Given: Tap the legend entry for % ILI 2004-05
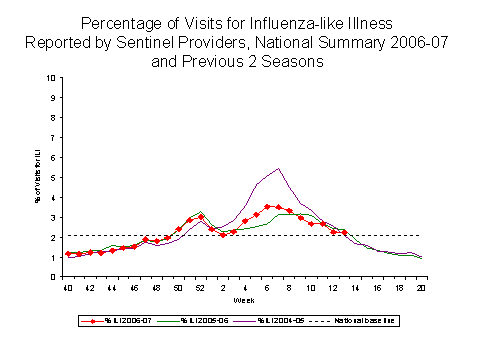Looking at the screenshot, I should (290, 320).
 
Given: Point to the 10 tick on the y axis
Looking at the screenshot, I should (53, 78).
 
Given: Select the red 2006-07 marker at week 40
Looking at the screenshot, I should (67, 254).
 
